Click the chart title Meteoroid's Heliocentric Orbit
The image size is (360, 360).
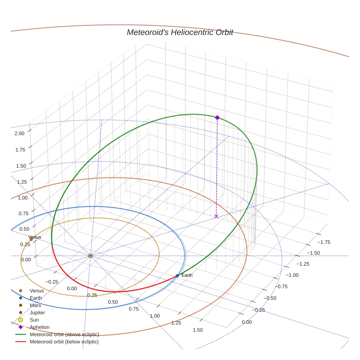coord(180,32)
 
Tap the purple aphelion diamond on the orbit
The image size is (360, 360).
coord(217,117)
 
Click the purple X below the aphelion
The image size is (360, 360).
coord(216,217)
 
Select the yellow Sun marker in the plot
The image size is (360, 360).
coord(90,256)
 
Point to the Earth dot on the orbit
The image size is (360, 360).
coord(177,275)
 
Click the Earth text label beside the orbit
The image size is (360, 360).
coord(187,275)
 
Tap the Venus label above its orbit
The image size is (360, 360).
coord(35,237)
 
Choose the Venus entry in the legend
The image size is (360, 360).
coord(37,291)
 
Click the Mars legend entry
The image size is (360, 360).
coord(35,305)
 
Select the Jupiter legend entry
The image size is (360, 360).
coord(37,313)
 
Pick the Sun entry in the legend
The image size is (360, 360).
coord(34,320)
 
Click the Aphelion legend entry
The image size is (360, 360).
coord(40,327)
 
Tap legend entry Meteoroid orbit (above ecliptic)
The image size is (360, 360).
coord(64,334)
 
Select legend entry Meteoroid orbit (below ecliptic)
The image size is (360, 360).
coord(64,342)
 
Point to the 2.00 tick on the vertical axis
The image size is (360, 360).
coord(19,133)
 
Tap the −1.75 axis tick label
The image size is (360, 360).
coord(323,242)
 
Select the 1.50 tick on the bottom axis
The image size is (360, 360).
coord(197,330)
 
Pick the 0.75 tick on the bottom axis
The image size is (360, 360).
coord(134,309)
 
